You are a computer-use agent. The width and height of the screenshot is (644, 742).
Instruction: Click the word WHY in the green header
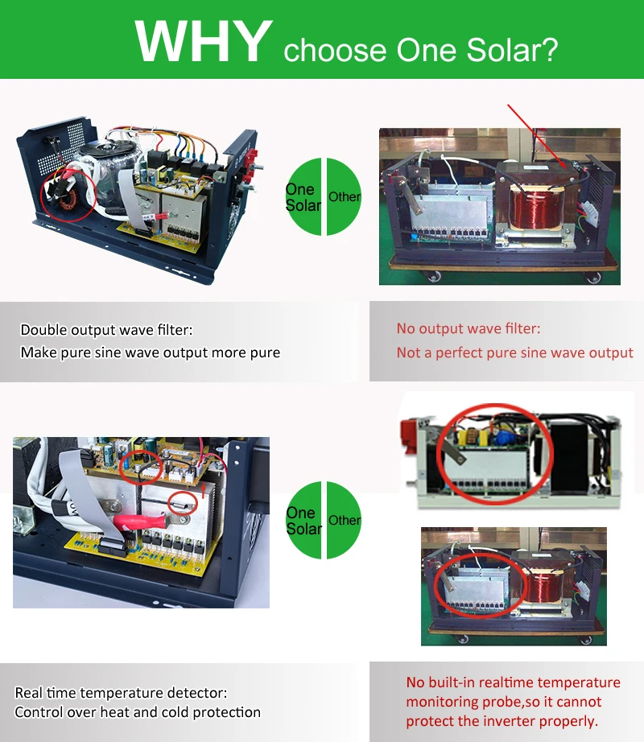click(x=204, y=41)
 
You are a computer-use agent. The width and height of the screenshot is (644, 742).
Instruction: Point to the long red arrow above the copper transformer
click(x=537, y=136)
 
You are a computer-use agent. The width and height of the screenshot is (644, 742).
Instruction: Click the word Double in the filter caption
click(x=44, y=329)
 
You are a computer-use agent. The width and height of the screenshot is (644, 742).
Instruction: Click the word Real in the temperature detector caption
click(x=29, y=693)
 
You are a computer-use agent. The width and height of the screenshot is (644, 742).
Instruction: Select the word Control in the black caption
click(x=39, y=712)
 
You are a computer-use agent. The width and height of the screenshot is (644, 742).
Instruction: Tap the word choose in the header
click(x=335, y=50)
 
